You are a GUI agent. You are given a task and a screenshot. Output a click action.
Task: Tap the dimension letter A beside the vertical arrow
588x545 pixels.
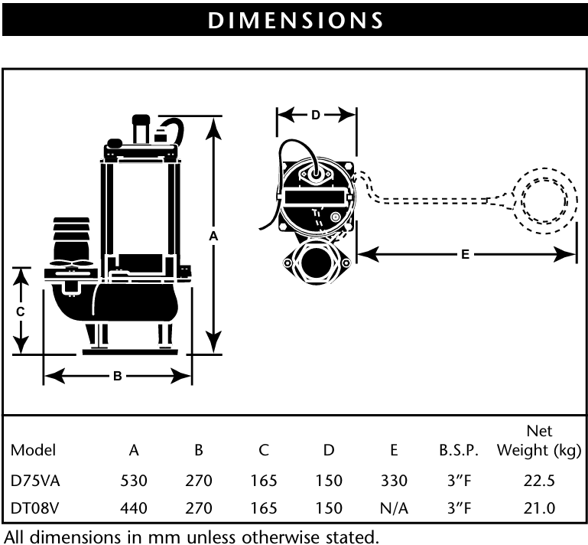(215, 237)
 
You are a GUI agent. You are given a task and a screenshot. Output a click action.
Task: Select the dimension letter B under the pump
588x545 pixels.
(117, 375)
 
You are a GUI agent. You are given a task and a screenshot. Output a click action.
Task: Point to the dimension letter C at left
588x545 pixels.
(21, 312)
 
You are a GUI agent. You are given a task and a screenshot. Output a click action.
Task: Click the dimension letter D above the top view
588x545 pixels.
(316, 116)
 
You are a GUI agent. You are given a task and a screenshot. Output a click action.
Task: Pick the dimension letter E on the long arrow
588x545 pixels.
(465, 254)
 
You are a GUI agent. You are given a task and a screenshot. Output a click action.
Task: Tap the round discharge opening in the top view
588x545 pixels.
(317, 264)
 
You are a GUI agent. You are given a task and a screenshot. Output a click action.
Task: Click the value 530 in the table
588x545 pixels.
(134, 481)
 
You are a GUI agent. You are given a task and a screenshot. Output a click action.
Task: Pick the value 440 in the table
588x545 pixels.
(134, 507)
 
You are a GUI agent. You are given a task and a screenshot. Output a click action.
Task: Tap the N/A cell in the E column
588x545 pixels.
(393, 507)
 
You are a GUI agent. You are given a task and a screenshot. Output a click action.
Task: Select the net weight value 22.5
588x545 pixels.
(539, 481)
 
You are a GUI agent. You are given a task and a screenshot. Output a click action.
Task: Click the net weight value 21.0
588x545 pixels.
(539, 507)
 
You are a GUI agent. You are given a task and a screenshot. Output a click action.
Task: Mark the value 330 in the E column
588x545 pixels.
(393, 481)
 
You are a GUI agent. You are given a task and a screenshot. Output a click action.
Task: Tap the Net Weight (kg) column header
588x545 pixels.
(539, 440)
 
